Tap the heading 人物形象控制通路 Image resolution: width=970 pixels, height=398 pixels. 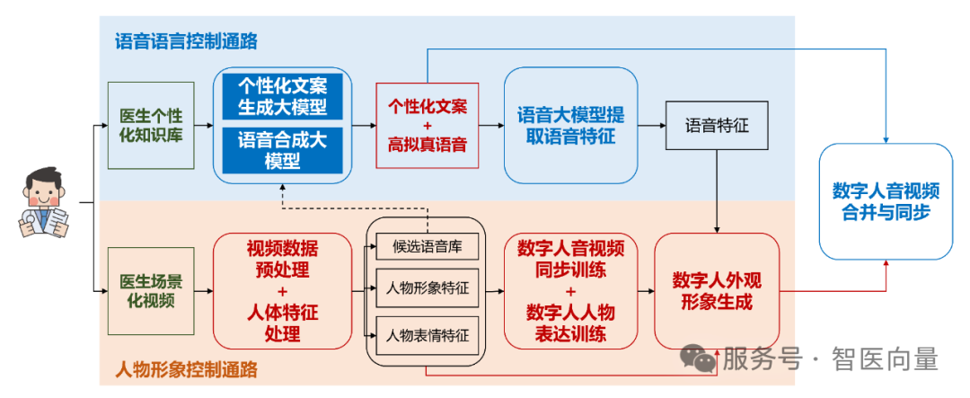coord(187,368)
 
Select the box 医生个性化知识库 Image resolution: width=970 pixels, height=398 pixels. coord(151,126)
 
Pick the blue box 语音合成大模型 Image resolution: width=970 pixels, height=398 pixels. coord(282,150)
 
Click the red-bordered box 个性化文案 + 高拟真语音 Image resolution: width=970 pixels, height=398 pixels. coord(427,125)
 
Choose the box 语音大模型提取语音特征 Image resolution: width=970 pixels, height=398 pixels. coord(565,126)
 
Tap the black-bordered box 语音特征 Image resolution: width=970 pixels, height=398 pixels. coord(717,126)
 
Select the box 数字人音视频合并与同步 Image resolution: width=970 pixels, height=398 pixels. coord(886,202)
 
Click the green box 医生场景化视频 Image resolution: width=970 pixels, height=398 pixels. coord(151,291)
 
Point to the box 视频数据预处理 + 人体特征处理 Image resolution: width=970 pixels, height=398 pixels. coord(282,291)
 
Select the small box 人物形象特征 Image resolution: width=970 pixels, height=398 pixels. coord(427,289)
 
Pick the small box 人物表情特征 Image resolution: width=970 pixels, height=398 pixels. coord(427,335)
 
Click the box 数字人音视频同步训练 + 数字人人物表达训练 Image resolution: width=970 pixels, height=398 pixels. coord(570,291)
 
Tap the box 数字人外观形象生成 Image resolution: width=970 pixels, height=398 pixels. coord(717,291)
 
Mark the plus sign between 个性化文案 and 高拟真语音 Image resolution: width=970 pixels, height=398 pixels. coord(427,125)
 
